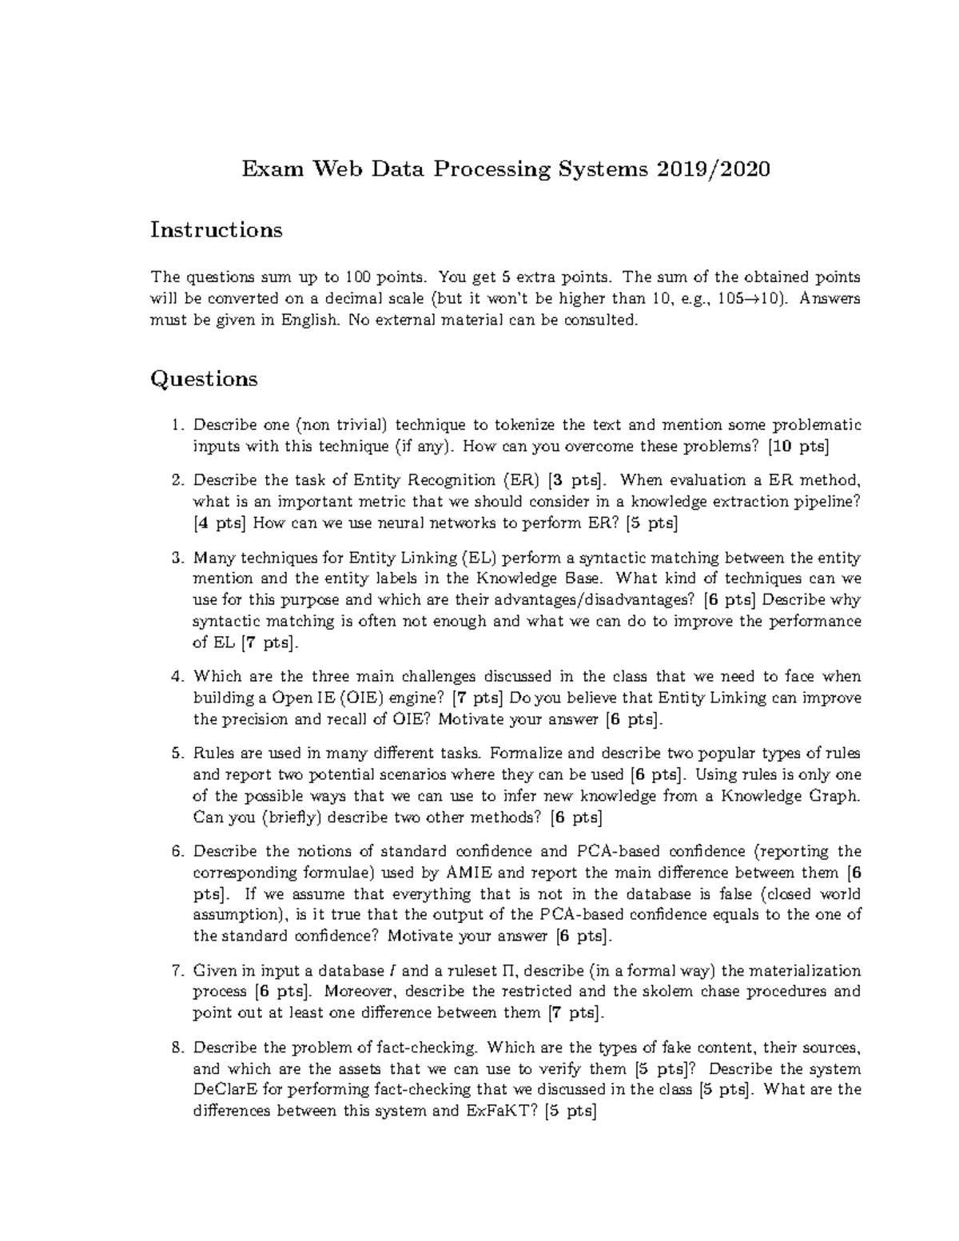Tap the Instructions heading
pos(217,230)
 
